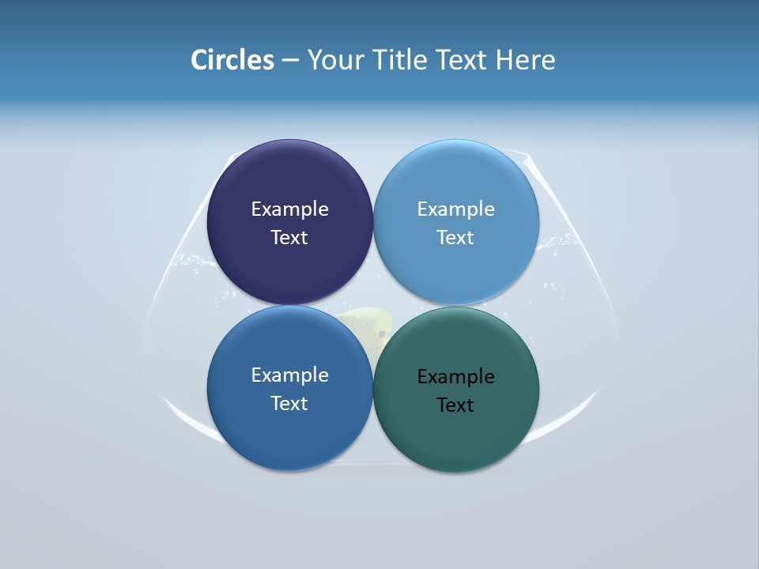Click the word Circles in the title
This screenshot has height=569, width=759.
[232, 60]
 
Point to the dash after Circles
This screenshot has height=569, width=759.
[290, 61]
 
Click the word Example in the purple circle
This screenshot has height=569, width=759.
[289, 209]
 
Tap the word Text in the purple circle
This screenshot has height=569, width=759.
[289, 237]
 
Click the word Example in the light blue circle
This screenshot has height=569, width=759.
[455, 209]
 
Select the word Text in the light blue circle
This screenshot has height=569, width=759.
[455, 237]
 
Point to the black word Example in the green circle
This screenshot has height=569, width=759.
[455, 376]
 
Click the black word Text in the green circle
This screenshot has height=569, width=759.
[455, 405]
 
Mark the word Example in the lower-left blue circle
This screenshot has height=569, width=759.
[289, 375]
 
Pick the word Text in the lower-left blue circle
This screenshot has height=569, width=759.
[289, 403]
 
